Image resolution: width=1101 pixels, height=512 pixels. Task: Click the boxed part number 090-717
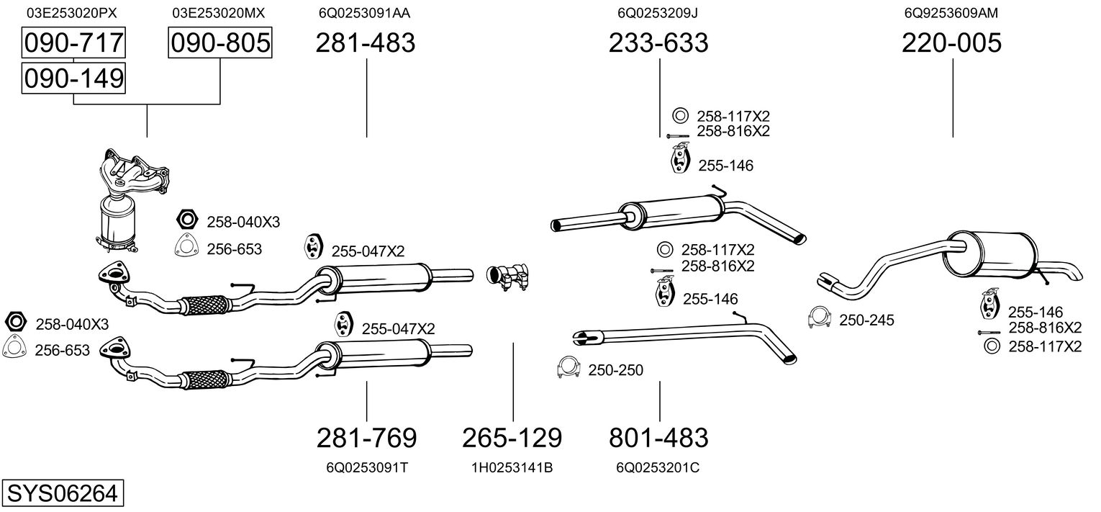click(x=73, y=42)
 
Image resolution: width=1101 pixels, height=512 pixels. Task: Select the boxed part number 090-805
click(x=220, y=42)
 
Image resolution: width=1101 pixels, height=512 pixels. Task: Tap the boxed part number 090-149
click(x=73, y=78)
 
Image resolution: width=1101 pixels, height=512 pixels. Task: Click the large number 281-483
click(x=365, y=42)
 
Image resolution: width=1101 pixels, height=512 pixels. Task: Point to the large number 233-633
click(x=658, y=42)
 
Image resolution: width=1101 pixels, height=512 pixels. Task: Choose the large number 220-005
click(x=951, y=42)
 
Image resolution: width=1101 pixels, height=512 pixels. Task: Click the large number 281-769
click(x=367, y=438)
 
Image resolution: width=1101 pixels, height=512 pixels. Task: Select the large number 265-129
click(x=512, y=438)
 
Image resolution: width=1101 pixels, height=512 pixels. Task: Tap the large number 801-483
click(x=658, y=438)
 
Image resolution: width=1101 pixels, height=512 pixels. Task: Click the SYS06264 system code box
click(x=63, y=493)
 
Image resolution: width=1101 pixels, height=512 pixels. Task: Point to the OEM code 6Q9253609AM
click(x=951, y=13)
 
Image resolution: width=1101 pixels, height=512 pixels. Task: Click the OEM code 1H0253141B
click(x=512, y=467)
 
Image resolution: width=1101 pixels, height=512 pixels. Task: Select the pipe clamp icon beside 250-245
click(x=820, y=318)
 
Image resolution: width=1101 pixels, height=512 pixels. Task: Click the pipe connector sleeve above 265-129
click(x=508, y=277)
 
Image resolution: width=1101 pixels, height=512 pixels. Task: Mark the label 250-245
click(x=866, y=320)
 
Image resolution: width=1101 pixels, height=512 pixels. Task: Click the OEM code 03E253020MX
click(x=219, y=13)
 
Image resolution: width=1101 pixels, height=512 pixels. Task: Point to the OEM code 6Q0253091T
click(x=367, y=467)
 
